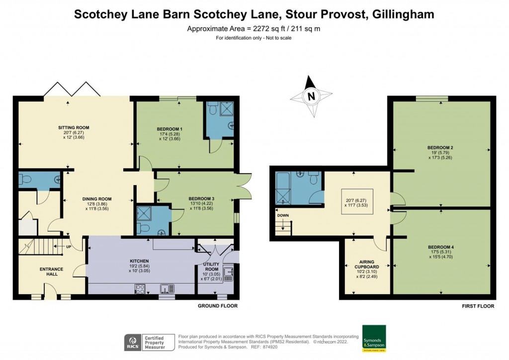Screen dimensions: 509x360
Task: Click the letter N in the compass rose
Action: (311, 96)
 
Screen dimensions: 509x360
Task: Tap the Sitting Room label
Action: (74, 128)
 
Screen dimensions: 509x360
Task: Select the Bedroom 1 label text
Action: (170, 129)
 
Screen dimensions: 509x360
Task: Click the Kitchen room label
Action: (139, 261)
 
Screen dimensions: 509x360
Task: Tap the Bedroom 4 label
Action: (441, 247)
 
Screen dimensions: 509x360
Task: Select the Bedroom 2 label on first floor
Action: (440, 148)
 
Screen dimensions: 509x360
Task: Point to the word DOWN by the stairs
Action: (283, 215)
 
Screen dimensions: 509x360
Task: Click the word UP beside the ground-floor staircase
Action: (69, 247)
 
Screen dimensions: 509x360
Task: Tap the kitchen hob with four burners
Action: (140, 288)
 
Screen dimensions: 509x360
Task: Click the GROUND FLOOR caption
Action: (218, 306)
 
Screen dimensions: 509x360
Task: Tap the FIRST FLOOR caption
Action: (478, 306)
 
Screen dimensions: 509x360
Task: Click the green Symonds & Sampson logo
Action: (374, 338)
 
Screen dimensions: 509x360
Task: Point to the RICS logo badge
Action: (133, 343)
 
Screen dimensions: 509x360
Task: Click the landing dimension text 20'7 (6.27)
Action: (357, 200)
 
